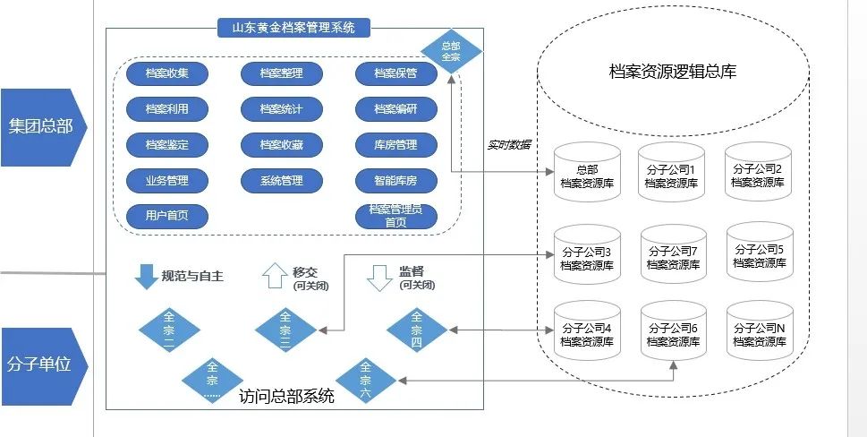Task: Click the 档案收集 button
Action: point(166,73)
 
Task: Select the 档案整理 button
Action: point(281,73)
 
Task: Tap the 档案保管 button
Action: point(395,73)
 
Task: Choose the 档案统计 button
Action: point(281,109)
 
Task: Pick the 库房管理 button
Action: point(395,144)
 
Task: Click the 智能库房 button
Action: point(395,180)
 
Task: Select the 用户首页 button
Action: point(166,216)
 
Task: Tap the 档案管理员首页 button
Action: point(395,216)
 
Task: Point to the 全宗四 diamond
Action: point(417,329)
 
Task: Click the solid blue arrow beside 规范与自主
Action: point(145,277)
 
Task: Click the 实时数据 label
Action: point(508,144)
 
